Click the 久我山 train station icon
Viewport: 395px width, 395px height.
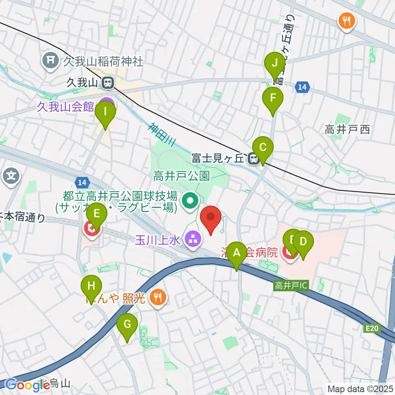108,83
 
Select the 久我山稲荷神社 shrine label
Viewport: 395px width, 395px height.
103,62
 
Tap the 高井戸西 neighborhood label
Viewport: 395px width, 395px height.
347,130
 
